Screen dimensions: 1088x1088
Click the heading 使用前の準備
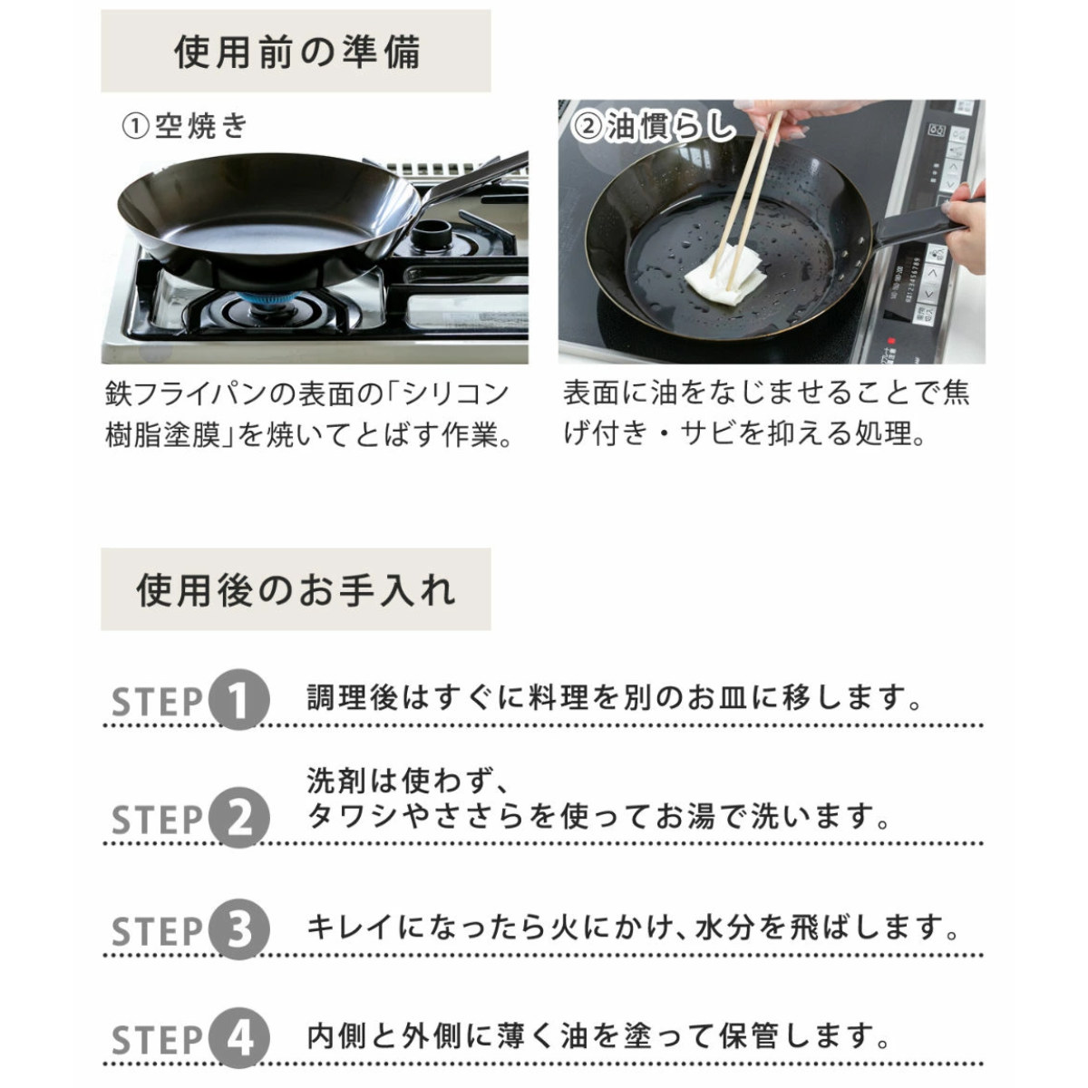[x=296, y=52]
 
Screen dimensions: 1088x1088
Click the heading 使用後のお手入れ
[x=296, y=590]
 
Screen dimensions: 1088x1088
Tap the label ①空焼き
[x=185, y=126]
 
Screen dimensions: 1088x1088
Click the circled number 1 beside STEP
[x=238, y=700]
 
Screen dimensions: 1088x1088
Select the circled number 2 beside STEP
[x=238, y=818]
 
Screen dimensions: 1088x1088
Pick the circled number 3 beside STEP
[x=238, y=929]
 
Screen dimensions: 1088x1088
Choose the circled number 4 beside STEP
[x=238, y=1038]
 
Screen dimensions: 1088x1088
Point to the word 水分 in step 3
[x=724, y=928]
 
